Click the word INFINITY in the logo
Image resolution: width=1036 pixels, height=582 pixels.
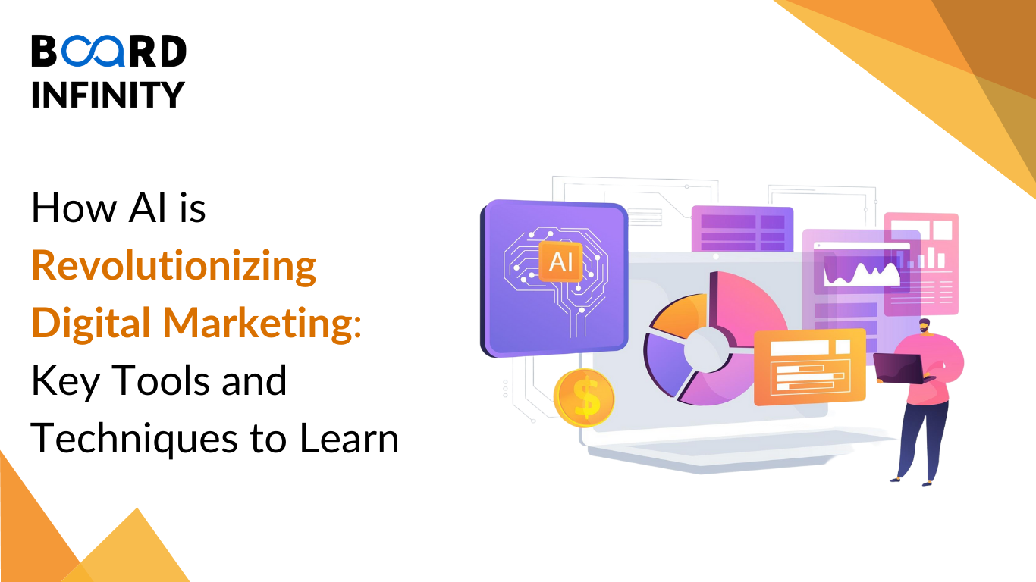(x=108, y=95)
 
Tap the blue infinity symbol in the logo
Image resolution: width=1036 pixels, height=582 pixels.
(x=94, y=51)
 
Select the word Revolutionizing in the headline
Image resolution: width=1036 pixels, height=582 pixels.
(x=174, y=266)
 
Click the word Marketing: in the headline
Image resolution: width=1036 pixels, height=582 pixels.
(x=262, y=323)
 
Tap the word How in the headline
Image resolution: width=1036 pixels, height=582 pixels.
(x=74, y=208)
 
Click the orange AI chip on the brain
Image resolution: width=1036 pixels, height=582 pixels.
(x=560, y=261)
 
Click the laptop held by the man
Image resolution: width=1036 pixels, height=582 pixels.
(x=900, y=368)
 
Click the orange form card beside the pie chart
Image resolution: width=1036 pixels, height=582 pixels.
(x=810, y=367)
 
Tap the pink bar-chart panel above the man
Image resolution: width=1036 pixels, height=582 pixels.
(x=921, y=264)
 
